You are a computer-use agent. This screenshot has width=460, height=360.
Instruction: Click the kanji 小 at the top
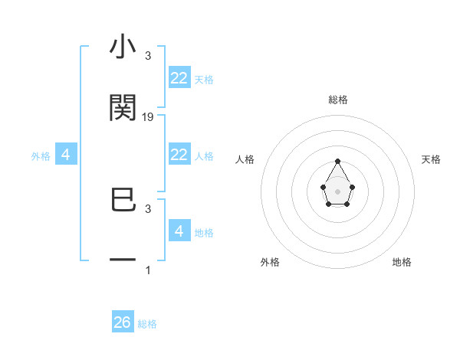coord(123,48)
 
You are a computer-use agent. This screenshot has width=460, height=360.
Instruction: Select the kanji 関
coord(123,108)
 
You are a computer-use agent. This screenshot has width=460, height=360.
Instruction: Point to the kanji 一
coord(123,260)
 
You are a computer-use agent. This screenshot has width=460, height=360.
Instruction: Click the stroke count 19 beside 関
coord(148,117)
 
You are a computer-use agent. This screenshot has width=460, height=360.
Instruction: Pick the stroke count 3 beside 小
coord(148,56)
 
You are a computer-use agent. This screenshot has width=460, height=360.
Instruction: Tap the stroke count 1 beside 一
coord(148,270)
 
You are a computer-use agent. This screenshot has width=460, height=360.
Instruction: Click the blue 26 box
coord(123,322)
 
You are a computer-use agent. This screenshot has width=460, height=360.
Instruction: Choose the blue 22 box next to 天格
coord(179,78)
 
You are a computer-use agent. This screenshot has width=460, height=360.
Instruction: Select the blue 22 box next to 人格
coord(179,155)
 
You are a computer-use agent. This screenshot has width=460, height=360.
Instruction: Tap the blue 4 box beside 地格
coord(179,231)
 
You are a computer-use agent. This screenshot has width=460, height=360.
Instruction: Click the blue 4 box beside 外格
coord(66,155)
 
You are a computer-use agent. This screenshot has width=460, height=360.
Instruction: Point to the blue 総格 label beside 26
coord(147,324)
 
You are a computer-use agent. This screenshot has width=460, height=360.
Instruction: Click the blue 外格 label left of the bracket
coord(41,156)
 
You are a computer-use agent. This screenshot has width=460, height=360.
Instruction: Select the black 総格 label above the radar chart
coord(338,100)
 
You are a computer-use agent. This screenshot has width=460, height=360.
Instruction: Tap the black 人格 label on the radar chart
coord(245,159)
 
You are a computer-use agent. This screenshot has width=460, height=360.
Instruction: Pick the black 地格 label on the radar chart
coord(402,262)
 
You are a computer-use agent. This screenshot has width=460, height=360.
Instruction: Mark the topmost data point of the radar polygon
coord(338,161)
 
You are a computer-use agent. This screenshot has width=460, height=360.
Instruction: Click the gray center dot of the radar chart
coord(338,191)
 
